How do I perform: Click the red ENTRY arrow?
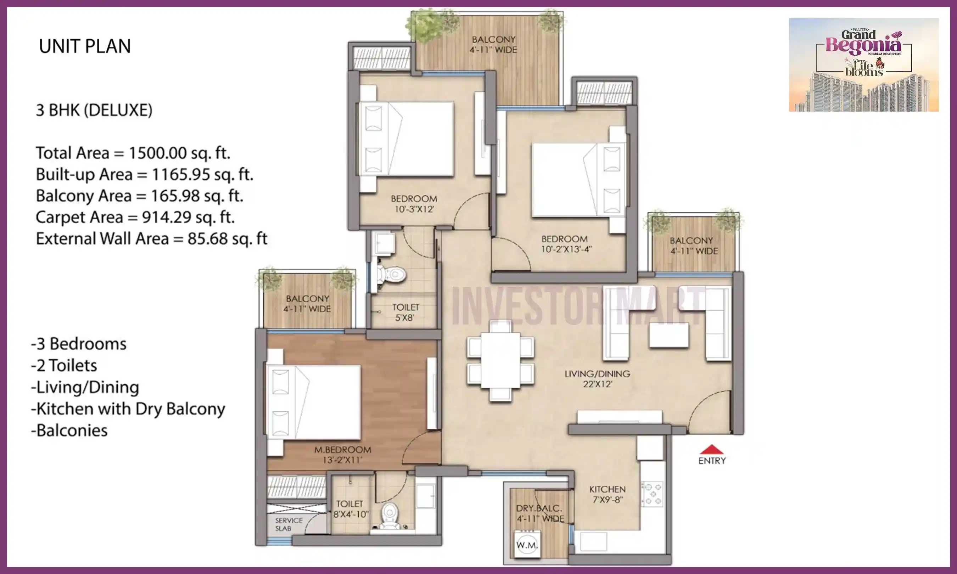[x=711, y=449]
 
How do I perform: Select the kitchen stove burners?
[x=652, y=494]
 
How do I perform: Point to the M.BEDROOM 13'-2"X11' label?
[x=342, y=455]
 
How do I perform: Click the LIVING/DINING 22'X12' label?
[x=597, y=379]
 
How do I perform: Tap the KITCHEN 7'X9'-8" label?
[x=607, y=494]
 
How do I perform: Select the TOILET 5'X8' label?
[x=405, y=313]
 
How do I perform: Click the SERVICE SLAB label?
[x=289, y=524]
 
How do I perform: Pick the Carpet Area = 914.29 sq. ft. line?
[x=135, y=217]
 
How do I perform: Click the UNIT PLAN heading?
[x=85, y=46]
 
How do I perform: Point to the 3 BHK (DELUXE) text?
[x=94, y=111]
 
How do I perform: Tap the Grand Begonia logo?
[x=863, y=64]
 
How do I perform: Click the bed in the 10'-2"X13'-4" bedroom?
[x=579, y=180]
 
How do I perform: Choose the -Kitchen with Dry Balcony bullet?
[x=128, y=409]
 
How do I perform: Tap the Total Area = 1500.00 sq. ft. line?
[x=133, y=153]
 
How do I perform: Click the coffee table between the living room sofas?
[x=669, y=335]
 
